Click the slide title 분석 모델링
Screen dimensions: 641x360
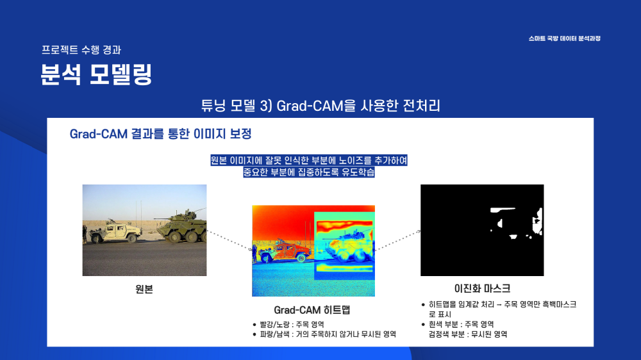97,74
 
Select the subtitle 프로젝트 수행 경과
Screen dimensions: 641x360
81,50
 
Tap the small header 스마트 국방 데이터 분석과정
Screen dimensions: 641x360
564,38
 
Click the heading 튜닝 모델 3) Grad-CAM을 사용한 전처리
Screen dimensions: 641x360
320,106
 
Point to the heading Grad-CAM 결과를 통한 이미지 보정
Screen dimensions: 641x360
161,134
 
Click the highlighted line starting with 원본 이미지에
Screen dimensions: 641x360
309,160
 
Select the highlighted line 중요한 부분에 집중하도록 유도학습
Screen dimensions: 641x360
309,172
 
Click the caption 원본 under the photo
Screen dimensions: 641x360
144,290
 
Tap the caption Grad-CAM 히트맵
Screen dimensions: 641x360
312,310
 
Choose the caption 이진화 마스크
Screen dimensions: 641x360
483,288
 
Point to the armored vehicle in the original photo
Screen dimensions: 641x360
181,227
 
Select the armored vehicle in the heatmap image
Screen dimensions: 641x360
349,246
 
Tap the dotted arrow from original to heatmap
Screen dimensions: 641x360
229,240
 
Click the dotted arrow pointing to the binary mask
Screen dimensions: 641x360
398,240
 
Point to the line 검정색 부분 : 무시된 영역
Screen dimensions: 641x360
468,334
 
